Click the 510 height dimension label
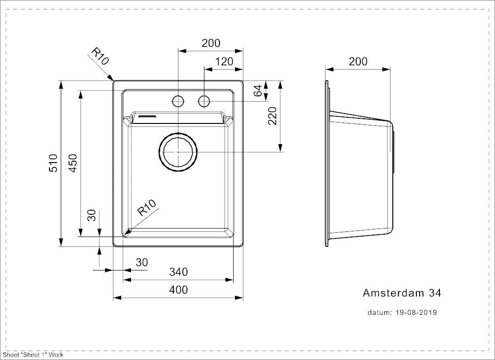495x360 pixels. [x=53, y=164]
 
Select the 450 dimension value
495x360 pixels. [x=73, y=164]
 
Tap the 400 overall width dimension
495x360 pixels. [x=178, y=289]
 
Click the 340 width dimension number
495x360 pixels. [x=178, y=272]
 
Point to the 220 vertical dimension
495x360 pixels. [x=273, y=116]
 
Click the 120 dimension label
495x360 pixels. [x=224, y=61]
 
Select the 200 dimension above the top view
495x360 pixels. [x=211, y=43]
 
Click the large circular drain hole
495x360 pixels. [x=179, y=152]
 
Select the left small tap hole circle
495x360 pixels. [x=178, y=101]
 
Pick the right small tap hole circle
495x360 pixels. [x=204, y=101]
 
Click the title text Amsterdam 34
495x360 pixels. [x=401, y=293]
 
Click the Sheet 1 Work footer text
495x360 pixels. [x=33, y=355]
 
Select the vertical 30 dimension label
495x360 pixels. [x=92, y=215]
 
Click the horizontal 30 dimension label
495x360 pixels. [x=142, y=262]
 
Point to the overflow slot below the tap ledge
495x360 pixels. [x=148, y=115]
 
